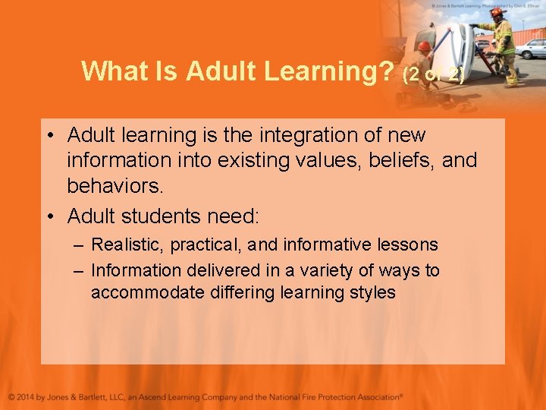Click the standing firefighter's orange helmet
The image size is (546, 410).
click(x=497, y=12)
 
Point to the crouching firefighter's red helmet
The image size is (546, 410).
click(x=425, y=47)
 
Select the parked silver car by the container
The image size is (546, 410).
click(x=532, y=49)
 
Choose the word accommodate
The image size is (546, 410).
click(x=145, y=293)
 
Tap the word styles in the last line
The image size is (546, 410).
click(x=374, y=293)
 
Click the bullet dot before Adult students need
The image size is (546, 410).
click(x=50, y=217)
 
